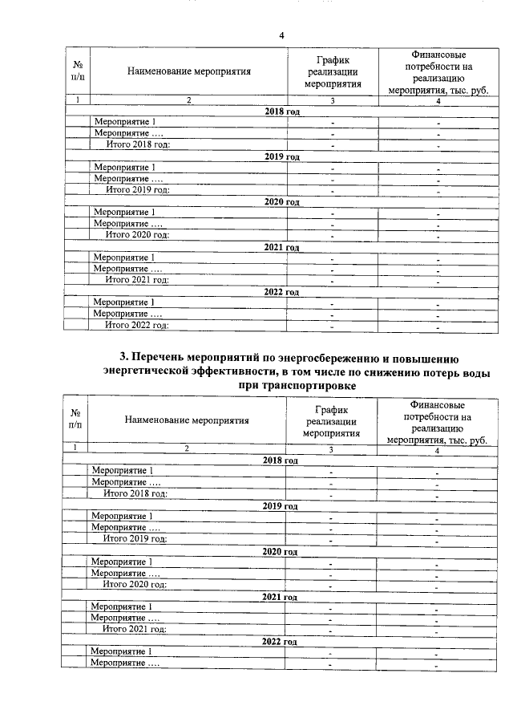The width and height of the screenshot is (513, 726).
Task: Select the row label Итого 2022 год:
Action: click(137, 325)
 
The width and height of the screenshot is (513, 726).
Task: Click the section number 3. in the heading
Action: click(123, 357)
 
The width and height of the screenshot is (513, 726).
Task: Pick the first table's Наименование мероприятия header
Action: click(189, 71)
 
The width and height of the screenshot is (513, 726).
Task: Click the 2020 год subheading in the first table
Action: click(281, 201)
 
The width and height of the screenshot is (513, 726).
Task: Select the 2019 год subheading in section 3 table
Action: click(281, 505)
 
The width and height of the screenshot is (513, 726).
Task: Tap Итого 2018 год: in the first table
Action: click(139, 144)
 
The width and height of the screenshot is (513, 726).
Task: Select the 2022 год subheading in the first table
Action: click(281, 292)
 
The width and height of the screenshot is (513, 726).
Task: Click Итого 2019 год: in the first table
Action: click(139, 189)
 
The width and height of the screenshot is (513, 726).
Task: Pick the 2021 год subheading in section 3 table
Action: click(281, 596)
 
